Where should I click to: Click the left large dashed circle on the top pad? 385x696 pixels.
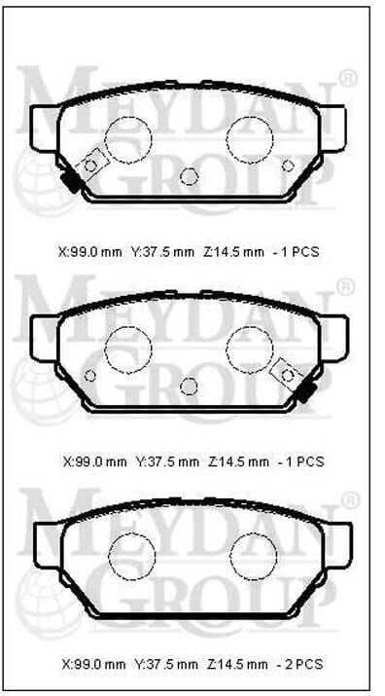pos(125,139)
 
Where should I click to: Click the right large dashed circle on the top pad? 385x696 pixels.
pos(250,138)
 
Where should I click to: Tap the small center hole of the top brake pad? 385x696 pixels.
pos(190,176)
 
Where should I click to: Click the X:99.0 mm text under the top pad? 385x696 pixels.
pos(89,251)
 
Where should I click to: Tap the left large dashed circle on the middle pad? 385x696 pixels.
pos(128,348)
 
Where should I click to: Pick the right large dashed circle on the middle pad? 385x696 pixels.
pos(250,348)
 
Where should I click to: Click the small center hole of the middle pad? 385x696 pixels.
pos(189,385)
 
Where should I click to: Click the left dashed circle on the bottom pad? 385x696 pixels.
pos(131,556)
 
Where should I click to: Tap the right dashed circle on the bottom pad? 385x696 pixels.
pos(254,556)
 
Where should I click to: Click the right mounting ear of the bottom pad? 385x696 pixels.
pos(337,544)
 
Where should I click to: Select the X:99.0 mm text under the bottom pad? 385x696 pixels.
pos(92,665)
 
